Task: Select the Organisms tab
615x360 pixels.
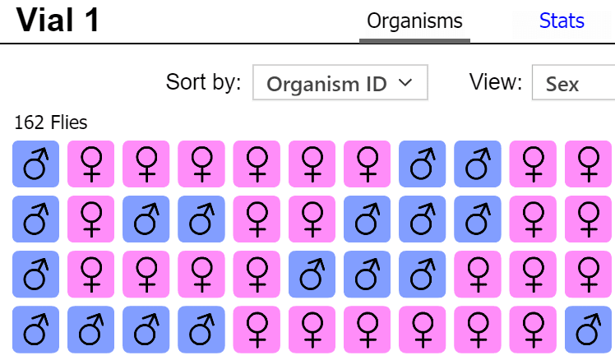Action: [x=414, y=21]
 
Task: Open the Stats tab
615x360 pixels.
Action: [x=562, y=21]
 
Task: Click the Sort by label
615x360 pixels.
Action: [x=203, y=82]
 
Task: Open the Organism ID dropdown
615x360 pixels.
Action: [x=340, y=83]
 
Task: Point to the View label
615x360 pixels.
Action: [x=496, y=82]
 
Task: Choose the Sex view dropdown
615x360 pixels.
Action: [x=573, y=83]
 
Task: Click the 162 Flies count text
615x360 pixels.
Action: [x=51, y=123]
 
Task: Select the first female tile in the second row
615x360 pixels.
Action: [x=90, y=218]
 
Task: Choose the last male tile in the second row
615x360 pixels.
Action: [x=478, y=218]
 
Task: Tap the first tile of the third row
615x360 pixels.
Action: [x=35, y=273]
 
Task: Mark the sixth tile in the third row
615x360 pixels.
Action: [x=312, y=273]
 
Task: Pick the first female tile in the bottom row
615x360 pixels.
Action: [x=257, y=328]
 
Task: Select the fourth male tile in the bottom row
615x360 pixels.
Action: [x=201, y=328]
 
